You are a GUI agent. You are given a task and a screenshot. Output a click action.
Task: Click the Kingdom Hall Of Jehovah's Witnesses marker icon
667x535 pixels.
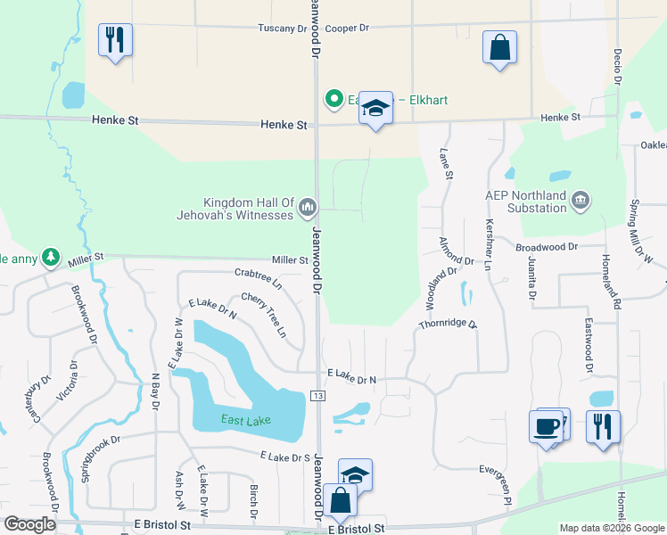coord(308,208)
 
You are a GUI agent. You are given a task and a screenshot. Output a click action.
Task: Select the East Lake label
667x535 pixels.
coord(245,420)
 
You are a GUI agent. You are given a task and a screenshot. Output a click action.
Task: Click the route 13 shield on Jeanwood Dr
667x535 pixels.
coord(317,395)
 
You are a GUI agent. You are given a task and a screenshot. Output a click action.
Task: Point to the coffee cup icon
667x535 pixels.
coord(545,426)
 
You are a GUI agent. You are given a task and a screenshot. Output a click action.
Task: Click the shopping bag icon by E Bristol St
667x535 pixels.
coord(340,499)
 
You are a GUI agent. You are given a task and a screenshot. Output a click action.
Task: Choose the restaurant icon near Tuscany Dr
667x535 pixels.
coord(115,40)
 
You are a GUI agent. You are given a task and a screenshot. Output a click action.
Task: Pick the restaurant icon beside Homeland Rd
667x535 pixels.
coord(603,425)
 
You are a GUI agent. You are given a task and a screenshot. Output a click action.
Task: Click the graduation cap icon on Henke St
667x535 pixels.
coord(375,111)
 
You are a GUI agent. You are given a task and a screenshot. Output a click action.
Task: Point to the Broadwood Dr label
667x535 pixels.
coord(547,245)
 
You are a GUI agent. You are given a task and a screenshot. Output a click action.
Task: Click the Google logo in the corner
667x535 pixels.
coord(29,524)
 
